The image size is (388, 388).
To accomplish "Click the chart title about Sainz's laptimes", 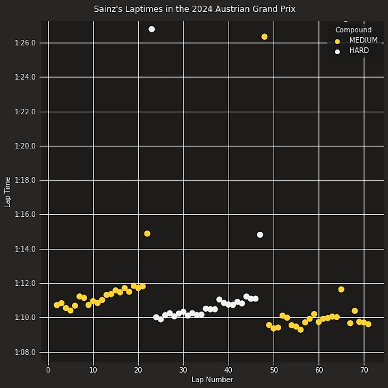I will click(x=195, y=9).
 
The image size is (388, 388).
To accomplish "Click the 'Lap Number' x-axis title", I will click(x=212, y=379).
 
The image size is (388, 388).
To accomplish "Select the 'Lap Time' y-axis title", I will click(x=8, y=192).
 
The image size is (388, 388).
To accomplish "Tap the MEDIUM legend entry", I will click(x=363, y=40).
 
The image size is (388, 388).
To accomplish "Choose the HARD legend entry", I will click(x=359, y=51).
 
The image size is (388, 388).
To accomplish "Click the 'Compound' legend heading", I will click(x=353, y=30).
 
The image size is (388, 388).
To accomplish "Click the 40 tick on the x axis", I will click(x=228, y=370).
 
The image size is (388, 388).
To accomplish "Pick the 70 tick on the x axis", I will click(x=364, y=370).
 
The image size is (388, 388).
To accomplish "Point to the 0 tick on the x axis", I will click(x=48, y=370).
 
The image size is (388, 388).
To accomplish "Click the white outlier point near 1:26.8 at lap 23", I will click(x=151, y=29).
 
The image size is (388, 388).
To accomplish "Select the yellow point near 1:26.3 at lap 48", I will click(x=264, y=37).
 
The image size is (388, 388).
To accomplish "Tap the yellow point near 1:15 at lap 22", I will click(x=147, y=233).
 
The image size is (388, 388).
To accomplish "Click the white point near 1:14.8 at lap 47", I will click(x=260, y=234).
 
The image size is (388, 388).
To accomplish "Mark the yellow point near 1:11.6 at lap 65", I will click(x=341, y=289).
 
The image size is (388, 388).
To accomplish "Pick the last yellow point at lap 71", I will click(x=368, y=324).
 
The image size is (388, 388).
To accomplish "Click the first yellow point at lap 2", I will click(x=57, y=305).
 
